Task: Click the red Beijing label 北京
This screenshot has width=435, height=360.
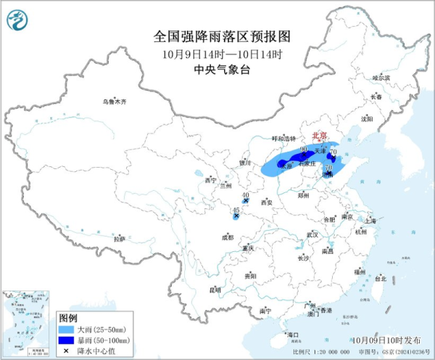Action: pos(319,136)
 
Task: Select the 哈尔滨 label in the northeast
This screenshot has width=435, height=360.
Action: pos(381,77)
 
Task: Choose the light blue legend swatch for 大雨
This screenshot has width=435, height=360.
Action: pos(68,329)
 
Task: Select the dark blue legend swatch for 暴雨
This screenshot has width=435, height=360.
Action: pos(68,339)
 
